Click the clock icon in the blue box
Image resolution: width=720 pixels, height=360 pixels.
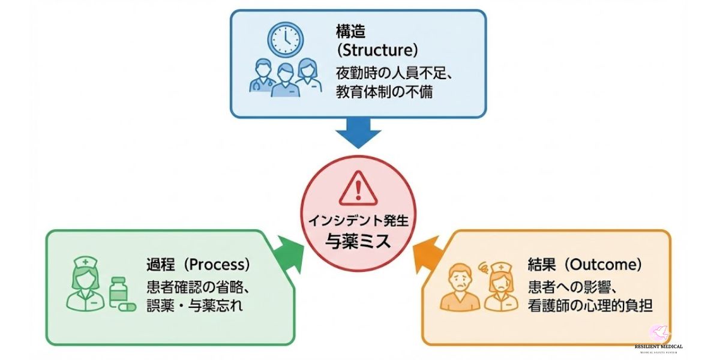(x=284, y=38)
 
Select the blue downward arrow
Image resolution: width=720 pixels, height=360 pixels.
(x=359, y=131)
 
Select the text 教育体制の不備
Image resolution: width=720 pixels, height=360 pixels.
(x=384, y=92)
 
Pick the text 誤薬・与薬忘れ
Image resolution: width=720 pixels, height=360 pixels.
(x=194, y=305)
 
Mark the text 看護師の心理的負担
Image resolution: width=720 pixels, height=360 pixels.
(x=590, y=305)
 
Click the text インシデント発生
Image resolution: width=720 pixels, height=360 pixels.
(x=358, y=220)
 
